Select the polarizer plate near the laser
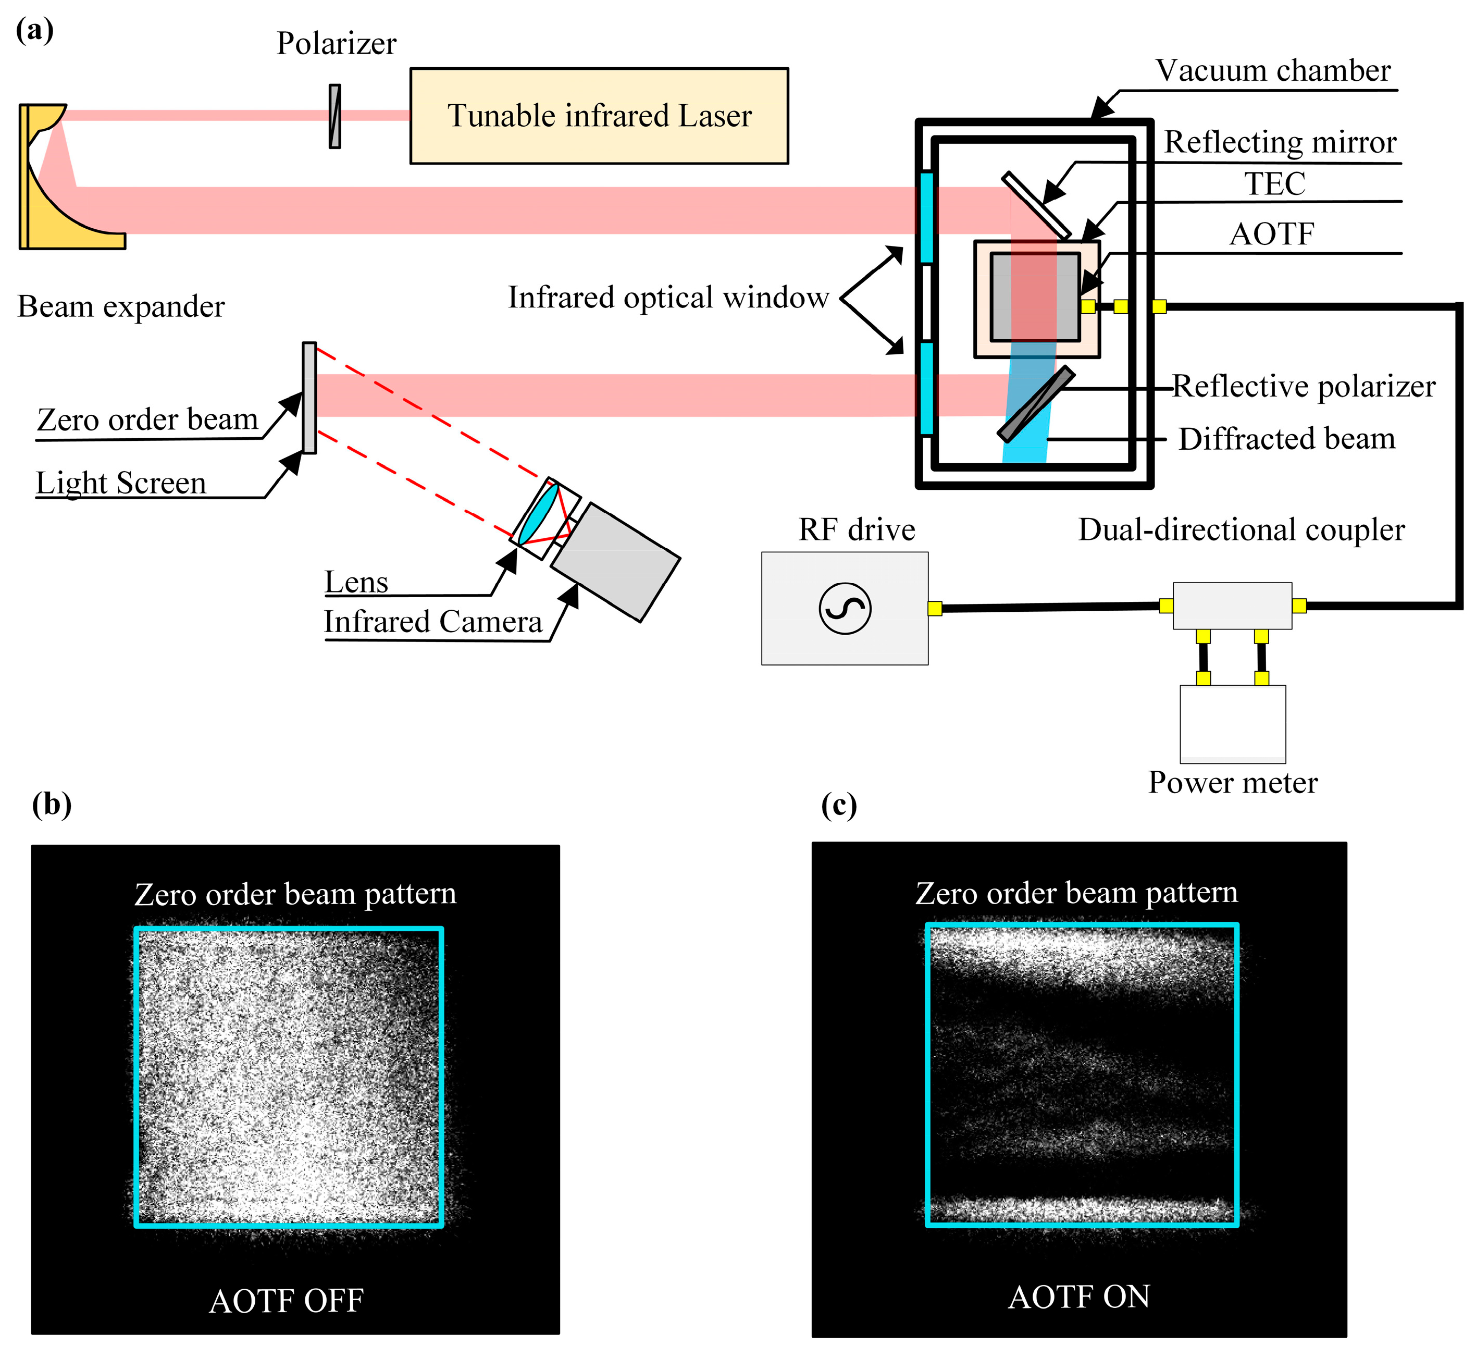(335, 116)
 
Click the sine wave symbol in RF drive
(845, 609)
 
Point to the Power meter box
(1232, 724)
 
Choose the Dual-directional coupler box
(1232, 606)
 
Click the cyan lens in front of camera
(539, 513)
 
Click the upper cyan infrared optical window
(926, 217)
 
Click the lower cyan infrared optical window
(926, 388)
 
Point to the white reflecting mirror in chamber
(1036, 205)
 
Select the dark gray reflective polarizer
(1036, 404)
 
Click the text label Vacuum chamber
(1272, 70)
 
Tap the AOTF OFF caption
(287, 1300)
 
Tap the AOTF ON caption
(1078, 1297)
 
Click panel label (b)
(52, 804)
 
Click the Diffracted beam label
(1286, 439)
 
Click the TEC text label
(1275, 184)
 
